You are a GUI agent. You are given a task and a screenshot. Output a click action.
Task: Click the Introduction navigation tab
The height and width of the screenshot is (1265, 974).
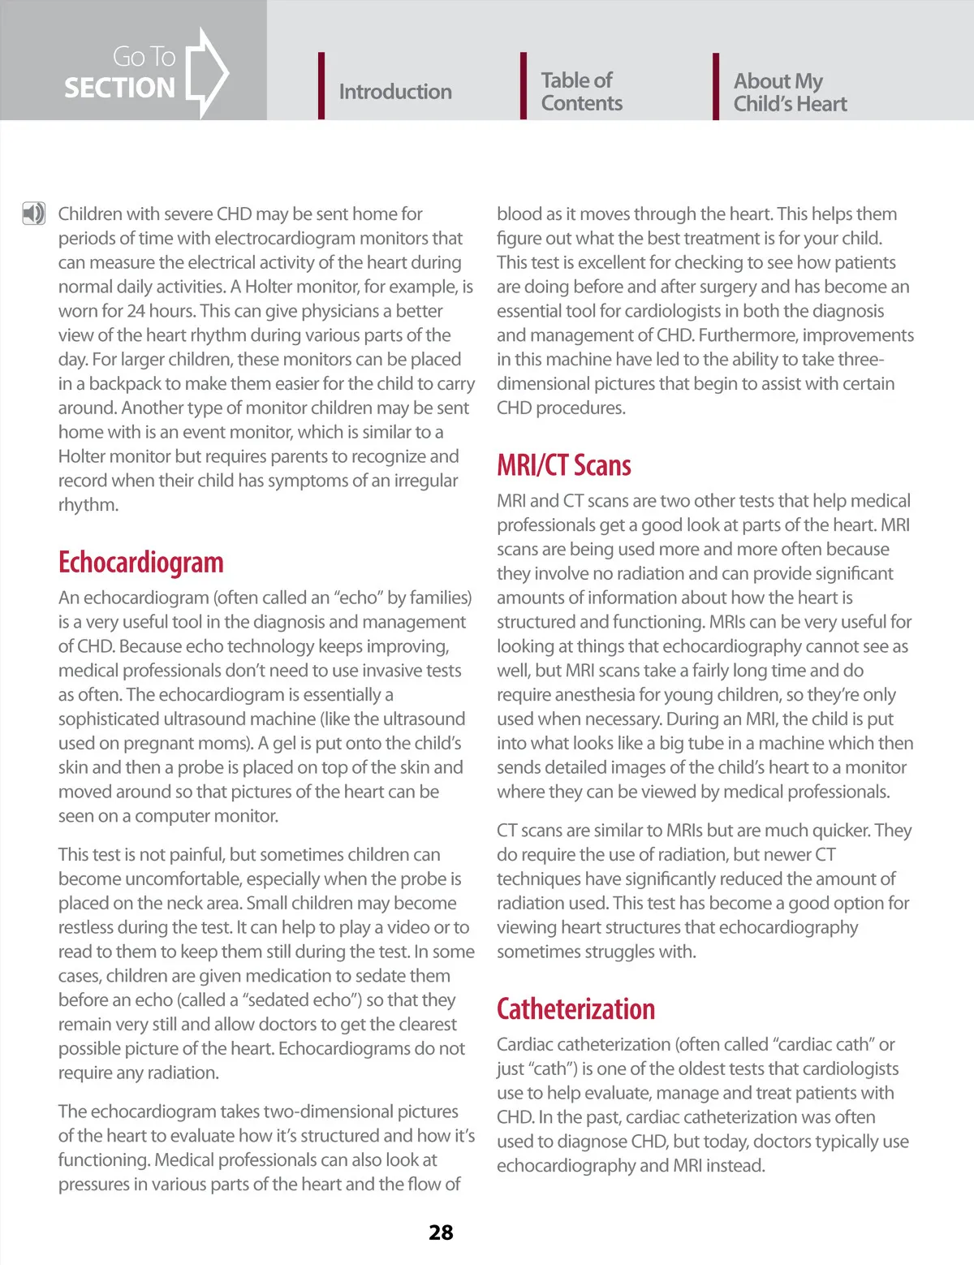tap(394, 92)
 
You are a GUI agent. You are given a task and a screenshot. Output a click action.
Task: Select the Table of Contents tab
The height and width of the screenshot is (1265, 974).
tap(581, 92)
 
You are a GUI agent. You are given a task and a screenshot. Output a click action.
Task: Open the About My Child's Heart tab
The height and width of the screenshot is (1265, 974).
tap(790, 93)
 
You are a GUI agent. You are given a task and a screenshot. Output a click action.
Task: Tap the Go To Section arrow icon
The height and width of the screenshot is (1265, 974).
tap(208, 73)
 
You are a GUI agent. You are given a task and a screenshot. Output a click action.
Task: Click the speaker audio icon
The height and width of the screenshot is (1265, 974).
tap(33, 214)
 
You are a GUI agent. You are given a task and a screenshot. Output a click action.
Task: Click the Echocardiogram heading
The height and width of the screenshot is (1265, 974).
tap(140, 563)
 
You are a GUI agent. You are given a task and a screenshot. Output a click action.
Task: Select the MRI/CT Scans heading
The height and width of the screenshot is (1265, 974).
tap(563, 465)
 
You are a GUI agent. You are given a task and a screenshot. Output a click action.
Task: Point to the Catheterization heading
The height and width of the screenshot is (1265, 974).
tap(575, 1009)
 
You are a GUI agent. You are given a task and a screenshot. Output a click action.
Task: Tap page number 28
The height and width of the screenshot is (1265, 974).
tap(441, 1233)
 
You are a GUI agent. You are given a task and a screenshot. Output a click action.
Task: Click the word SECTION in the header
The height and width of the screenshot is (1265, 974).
tap(119, 88)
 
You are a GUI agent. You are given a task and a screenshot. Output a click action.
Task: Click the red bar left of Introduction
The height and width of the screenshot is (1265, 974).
tap(321, 86)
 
